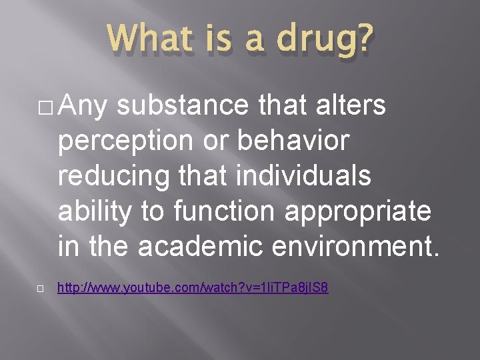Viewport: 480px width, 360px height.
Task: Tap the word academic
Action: [221, 245]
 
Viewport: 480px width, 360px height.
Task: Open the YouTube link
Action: [193, 289]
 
